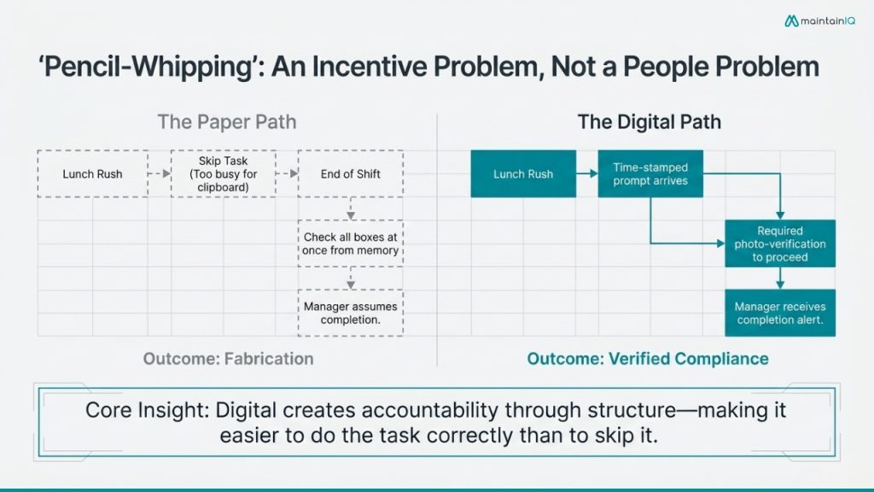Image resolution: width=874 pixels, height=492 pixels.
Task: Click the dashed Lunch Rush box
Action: pyautogui.click(x=92, y=174)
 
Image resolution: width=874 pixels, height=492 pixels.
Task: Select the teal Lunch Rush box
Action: pyautogui.click(x=523, y=174)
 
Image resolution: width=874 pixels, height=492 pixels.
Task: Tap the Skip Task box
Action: pyautogui.click(x=223, y=174)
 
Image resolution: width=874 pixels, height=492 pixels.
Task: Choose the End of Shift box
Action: pyautogui.click(x=350, y=174)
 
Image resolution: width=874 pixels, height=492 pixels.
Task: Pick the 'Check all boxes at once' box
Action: pyautogui.click(x=350, y=243)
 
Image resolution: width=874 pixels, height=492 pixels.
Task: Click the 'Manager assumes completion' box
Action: pyautogui.click(x=350, y=313)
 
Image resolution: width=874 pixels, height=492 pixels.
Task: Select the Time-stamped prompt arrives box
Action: pyautogui.click(x=650, y=174)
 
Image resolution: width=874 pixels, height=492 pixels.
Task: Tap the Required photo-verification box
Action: pyautogui.click(x=780, y=243)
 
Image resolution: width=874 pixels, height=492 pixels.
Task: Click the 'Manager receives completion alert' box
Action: pyautogui.click(x=780, y=313)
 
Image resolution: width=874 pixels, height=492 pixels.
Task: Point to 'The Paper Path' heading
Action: pyautogui.click(x=226, y=121)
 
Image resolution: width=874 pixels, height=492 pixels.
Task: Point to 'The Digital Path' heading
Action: pyautogui.click(x=649, y=121)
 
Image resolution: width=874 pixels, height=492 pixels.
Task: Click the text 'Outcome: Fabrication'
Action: pyautogui.click(x=228, y=358)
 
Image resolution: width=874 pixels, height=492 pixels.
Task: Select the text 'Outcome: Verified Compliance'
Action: pyautogui.click(x=648, y=358)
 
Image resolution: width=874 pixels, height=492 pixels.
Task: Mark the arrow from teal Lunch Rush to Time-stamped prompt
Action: pyautogui.click(x=587, y=174)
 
